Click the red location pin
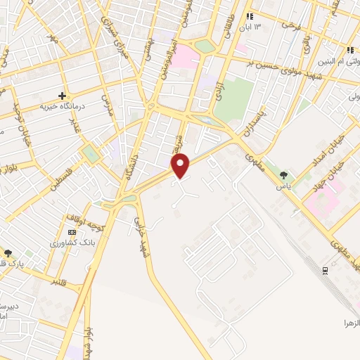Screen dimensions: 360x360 point(181,165)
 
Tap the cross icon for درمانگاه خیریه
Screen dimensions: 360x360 point(63,96)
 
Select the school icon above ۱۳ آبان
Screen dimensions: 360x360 point(248,17)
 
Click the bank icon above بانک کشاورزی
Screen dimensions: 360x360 point(71,232)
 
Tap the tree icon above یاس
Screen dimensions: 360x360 point(284,175)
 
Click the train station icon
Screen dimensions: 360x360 point(324,271)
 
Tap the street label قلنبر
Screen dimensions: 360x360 point(62,282)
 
